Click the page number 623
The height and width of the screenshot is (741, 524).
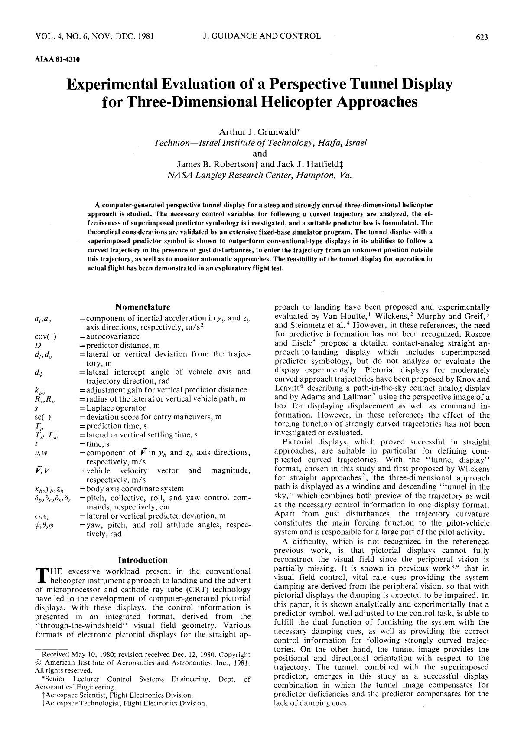pos(482,37)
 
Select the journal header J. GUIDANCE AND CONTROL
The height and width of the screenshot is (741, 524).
pos(262,36)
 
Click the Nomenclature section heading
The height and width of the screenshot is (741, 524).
pos(143,307)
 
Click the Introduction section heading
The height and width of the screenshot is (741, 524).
pos(143,560)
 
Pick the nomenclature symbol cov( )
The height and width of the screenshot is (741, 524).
pos(45,336)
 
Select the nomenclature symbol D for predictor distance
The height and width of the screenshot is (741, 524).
pos(38,345)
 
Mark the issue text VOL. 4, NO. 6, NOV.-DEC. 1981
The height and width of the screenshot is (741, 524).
pos(94,36)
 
